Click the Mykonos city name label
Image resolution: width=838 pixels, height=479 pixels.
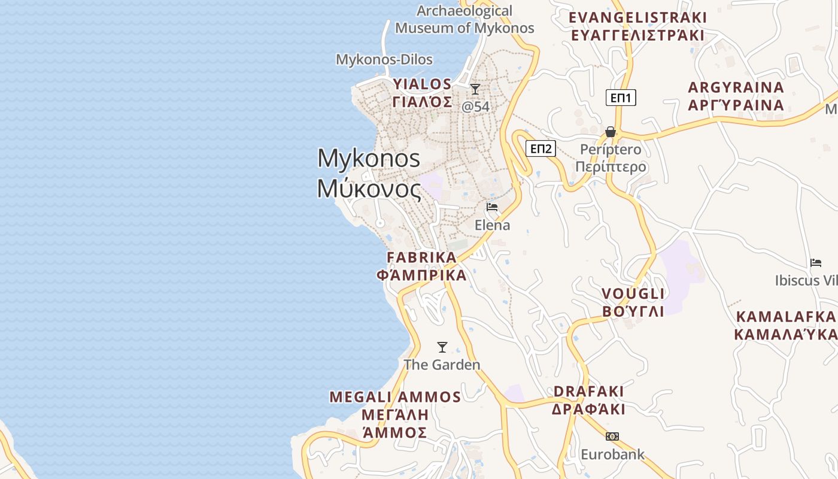[369, 173]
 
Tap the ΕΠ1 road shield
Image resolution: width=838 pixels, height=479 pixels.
[620, 98]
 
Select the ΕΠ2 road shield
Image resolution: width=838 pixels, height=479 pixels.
[541, 148]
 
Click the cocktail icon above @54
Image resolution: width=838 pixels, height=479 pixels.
[475, 89]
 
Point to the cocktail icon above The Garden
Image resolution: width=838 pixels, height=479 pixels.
[442, 347]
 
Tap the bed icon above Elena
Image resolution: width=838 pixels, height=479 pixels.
[492, 207]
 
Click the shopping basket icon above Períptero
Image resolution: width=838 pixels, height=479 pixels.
[611, 132]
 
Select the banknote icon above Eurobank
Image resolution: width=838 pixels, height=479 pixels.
[612, 436]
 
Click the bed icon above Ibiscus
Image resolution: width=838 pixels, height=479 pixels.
[816, 262]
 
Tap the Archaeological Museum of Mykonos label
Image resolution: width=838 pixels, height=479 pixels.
[464, 19]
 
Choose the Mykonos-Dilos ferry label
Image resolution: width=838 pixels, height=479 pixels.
[384, 59]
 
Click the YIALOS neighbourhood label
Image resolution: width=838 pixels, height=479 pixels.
[422, 93]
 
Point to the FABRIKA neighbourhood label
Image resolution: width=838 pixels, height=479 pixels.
[421, 266]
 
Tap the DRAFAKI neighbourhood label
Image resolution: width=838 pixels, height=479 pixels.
[588, 400]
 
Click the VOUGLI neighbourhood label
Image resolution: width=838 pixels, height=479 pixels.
[633, 302]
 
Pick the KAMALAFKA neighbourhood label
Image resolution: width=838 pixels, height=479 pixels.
[785, 325]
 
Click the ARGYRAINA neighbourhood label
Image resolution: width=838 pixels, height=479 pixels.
[736, 96]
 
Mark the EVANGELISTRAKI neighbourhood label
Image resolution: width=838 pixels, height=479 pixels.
[637, 26]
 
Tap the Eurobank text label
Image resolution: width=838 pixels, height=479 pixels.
[612, 454]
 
